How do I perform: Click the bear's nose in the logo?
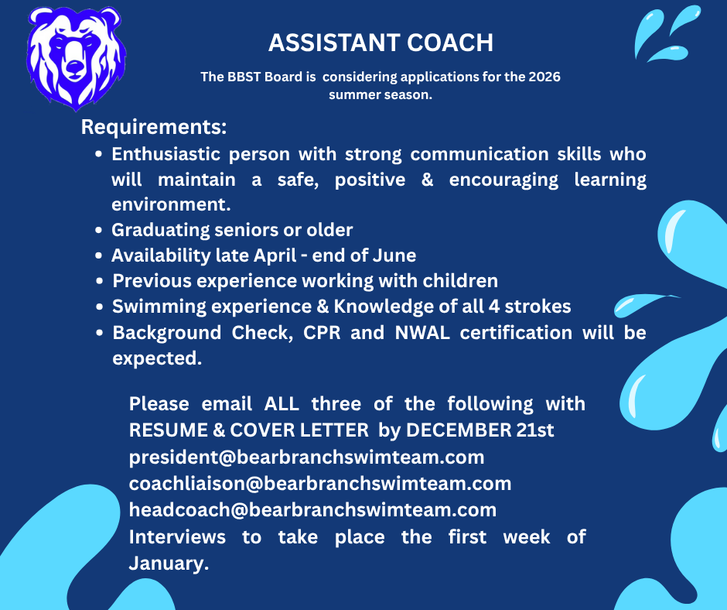click(x=74, y=67)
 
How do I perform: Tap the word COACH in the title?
click(x=450, y=43)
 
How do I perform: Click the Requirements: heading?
click(x=154, y=127)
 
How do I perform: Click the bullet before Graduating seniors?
click(x=98, y=230)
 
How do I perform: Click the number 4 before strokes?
click(x=493, y=307)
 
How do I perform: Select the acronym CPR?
click(x=322, y=332)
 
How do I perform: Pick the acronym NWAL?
click(x=422, y=332)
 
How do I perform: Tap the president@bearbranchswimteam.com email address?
click(x=306, y=457)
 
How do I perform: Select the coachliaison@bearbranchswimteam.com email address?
click(x=320, y=484)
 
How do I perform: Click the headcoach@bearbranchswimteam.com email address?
click(x=312, y=509)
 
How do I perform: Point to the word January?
click(x=169, y=564)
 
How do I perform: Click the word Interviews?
click(x=177, y=537)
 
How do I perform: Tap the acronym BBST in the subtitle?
click(x=244, y=77)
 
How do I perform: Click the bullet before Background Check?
click(x=98, y=333)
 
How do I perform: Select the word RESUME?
click(x=169, y=430)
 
